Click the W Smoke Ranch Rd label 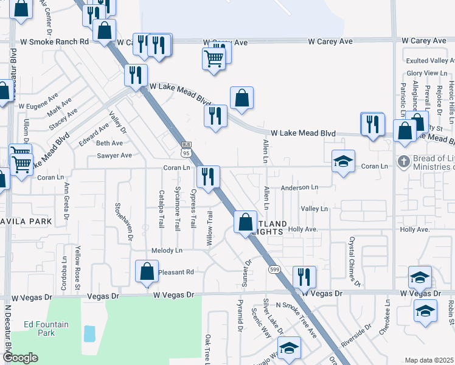pyautogui.click(x=55, y=42)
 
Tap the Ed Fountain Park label pyautogui.click(x=46, y=328)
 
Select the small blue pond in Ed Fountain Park pyautogui.click(x=89, y=333)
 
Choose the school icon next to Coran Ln pyautogui.click(x=343, y=161)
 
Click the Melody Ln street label pyautogui.click(x=167, y=251)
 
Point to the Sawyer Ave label pyautogui.click(x=114, y=155)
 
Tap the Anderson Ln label pyautogui.click(x=299, y=188)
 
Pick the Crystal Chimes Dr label pyautogui.click(x=354, y=262)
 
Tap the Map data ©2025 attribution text pyautogui.click(x=429, y=360)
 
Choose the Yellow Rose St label pyautogui.click(x=78, y=265)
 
